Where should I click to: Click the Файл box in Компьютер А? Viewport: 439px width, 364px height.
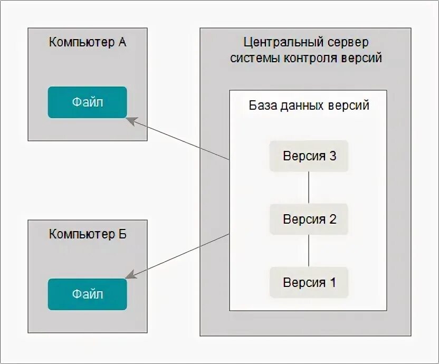(x=88, y=102)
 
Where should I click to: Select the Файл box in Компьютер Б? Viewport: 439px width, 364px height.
(x=88, y=294)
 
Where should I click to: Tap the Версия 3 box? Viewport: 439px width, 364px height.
(x=309, y=156)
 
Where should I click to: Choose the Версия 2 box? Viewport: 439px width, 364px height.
(x=309, y=219)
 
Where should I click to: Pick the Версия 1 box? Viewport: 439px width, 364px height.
(x=309, y=282)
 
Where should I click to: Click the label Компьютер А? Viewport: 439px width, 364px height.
(x=88, y=42)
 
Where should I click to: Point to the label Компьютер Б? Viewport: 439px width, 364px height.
(x=88, y=234)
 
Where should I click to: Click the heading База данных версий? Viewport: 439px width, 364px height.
(x=309, y=105)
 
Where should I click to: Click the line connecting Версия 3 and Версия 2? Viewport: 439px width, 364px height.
(x=309, y=187)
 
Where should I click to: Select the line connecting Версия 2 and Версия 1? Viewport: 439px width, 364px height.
(x=309, y=251)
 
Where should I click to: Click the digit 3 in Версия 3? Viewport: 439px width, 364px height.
(x=332, y=156)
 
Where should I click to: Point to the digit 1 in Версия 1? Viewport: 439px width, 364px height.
(x=332, y=282)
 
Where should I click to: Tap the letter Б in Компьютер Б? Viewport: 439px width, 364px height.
(x=122, y=234)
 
